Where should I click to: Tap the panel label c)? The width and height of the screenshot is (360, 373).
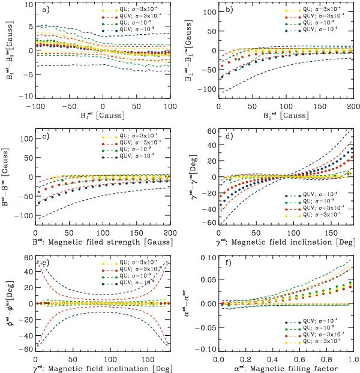[41, 133]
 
